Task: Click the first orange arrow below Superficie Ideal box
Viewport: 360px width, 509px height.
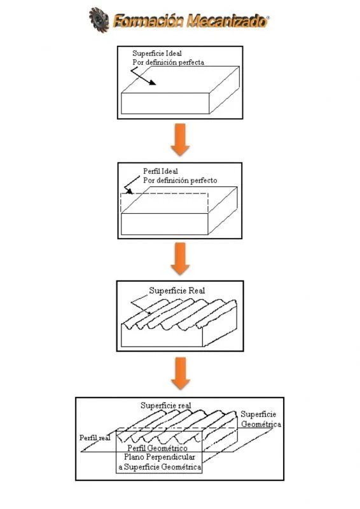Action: [181, 139]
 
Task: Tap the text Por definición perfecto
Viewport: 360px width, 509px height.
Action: [179, 180]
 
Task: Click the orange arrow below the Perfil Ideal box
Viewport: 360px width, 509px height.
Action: [181, 257]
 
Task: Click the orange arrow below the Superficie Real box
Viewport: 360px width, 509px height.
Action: [181, 373]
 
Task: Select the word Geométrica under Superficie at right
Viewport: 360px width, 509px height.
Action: [261, 424]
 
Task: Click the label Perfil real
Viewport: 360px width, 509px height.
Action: [95, 438]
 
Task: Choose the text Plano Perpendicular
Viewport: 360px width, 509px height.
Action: [158, 458]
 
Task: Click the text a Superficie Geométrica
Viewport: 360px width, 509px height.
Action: [158, 467]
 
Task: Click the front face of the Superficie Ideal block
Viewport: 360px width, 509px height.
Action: [165, 102]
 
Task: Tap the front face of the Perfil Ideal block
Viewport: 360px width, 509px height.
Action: [165, 225]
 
